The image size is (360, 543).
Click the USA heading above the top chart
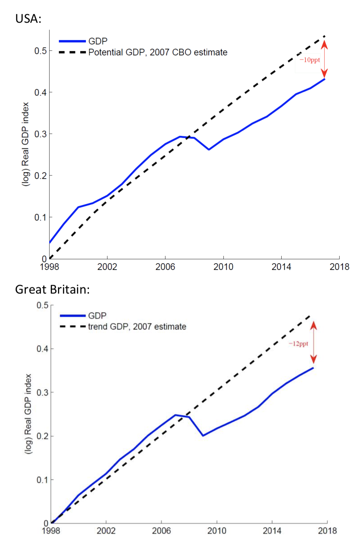coord(28,19)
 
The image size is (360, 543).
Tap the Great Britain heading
coord(52,290)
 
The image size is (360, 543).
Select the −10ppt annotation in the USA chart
coord(310,60)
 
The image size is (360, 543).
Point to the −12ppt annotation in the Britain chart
coord(298,344)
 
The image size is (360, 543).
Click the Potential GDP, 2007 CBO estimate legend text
coord(158,52)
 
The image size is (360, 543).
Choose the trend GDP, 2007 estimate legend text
coord(137,327)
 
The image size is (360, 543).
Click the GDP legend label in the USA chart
coord(98,41)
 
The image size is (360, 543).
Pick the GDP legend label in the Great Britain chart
coord(97,316)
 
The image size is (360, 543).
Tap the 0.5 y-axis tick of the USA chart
coord(40,51)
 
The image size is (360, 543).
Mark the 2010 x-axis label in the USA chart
coord(223,267)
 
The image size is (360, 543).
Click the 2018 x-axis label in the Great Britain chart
coord(327,531)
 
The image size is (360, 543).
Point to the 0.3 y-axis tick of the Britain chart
coord(42,392)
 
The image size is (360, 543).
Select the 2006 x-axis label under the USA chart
coord(165,267)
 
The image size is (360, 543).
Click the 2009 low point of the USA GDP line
coord(209,149)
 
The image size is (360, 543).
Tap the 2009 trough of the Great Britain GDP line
coord(203,436)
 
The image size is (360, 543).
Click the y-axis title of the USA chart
coord(25,144)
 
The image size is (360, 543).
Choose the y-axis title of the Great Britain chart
coord(28,414)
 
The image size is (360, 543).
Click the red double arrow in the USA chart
coord(324,59)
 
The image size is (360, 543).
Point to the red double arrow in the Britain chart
coord(313,342)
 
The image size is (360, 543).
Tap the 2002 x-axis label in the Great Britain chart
coord(106,531)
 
